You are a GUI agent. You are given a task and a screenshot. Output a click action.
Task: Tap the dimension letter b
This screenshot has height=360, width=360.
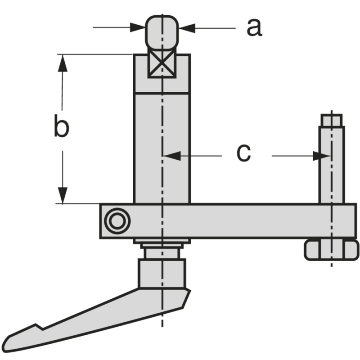click(x=61, y=126)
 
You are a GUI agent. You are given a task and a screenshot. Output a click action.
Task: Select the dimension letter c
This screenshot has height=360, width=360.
click(x=243, y=153)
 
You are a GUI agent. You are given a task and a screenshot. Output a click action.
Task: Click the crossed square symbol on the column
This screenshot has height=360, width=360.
click(x=162, y=65)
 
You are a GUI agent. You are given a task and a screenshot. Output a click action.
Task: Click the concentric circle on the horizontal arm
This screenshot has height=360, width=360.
click(x=117, y=220)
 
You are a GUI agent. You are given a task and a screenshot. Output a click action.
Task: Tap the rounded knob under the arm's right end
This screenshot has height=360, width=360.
click(x=332, y=250)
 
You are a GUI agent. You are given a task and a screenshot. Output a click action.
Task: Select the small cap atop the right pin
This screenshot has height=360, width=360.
click(x=332, y=120)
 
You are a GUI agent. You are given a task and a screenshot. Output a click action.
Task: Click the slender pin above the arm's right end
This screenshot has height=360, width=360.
click(x=332, y=164)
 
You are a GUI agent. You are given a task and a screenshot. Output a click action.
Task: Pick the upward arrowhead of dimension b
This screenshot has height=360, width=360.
click(x=63, y=63)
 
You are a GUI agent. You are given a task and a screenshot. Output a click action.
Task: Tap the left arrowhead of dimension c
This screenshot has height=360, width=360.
click(x=171, y=156)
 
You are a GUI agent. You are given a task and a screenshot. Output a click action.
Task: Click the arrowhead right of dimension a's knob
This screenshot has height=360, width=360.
click(x=186, y=27)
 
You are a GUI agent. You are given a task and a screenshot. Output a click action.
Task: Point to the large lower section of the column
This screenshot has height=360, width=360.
click(x=162, y=148)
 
